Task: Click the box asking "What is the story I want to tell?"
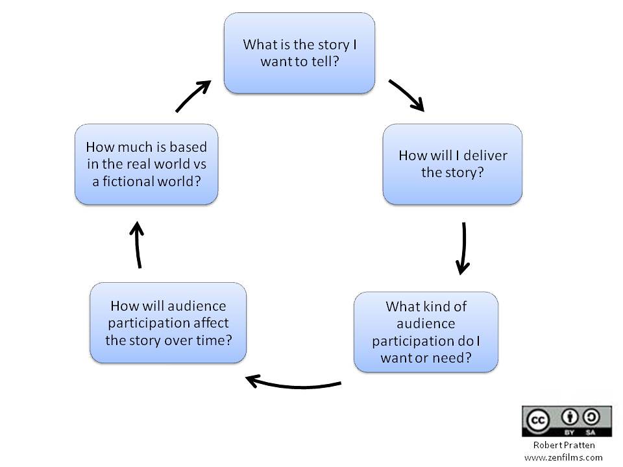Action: (x=299, y=53)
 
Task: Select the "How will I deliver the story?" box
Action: (x=452, y=164)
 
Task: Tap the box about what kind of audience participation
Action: (x=426, y=331)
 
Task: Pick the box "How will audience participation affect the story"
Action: (x=168, y=322)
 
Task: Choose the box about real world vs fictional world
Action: (x=146, y=164)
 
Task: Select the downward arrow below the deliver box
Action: (x=463, y=248)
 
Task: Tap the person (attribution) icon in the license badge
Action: (x=568, y=416)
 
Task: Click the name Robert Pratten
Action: (x=563, y=446)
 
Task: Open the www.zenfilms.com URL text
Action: (x=563, y=457)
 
